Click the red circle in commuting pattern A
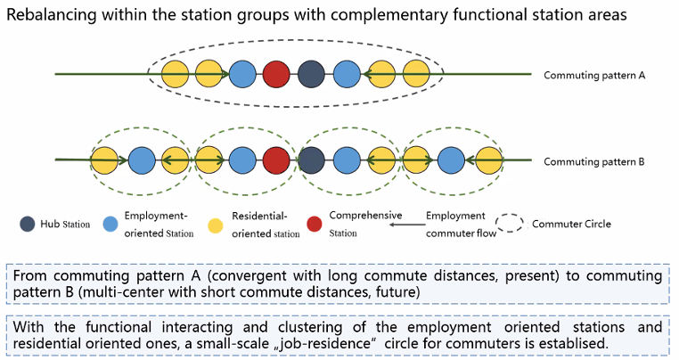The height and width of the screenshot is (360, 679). pyautogui.click(x=276, y=74)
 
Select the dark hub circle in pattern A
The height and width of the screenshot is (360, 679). pyautogui.click(x=311, y=74)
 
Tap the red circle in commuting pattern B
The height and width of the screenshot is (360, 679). pyautogui.click(x=276, y=160)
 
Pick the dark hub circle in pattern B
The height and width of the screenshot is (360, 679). pyautogui.click(x=311, y=160)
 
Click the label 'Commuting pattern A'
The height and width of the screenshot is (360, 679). pyautogui.click(x=594, y=76)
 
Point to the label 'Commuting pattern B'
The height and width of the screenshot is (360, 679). pyautogui.click(x=594, y=161)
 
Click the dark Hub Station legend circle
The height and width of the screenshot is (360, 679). pyautogui.click(x=28, y=224)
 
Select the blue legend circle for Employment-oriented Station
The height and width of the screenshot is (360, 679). pyautogui.click(x=110, y=224)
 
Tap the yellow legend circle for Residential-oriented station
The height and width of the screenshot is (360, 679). pyautogui.click(x=216, y=225)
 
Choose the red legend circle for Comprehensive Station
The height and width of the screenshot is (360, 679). pyautogui.click(x=314, y=224)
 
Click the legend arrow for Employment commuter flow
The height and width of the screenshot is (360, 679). pyautogui.click(x=407, y=225)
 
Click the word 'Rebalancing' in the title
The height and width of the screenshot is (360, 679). pyautogui.click(x=52, y=15)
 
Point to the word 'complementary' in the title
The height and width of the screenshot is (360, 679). pyautogui.click(x=389, y=16)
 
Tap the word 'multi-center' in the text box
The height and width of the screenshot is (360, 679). pyautogui.click(x=123, y=292)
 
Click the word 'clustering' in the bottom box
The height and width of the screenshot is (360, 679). pyautogui.click(x=310, y=327)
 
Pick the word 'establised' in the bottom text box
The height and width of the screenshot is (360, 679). pyautogui.click(x=574, y=344)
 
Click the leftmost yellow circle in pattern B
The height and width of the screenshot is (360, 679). pyautogui.click(x=104, y=160)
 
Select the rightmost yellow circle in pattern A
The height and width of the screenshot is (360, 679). pyautogui.click(x=416, y=74)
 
